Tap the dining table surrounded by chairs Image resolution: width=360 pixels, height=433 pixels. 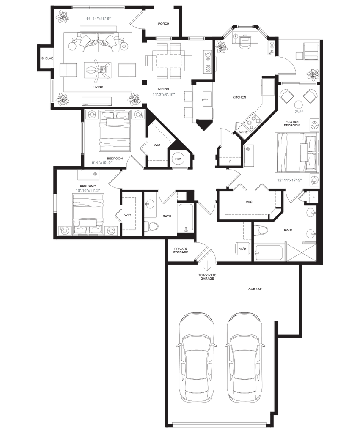(x=166, y=60)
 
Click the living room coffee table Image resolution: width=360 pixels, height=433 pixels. (x=96, y=69)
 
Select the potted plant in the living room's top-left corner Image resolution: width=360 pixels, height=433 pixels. (x=63, y=16)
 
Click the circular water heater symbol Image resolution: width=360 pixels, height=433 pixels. (x=178, y=159)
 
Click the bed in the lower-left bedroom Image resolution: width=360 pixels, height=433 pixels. (x=88, y=211)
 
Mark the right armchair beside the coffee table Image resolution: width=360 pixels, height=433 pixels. (x=126, y=70)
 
